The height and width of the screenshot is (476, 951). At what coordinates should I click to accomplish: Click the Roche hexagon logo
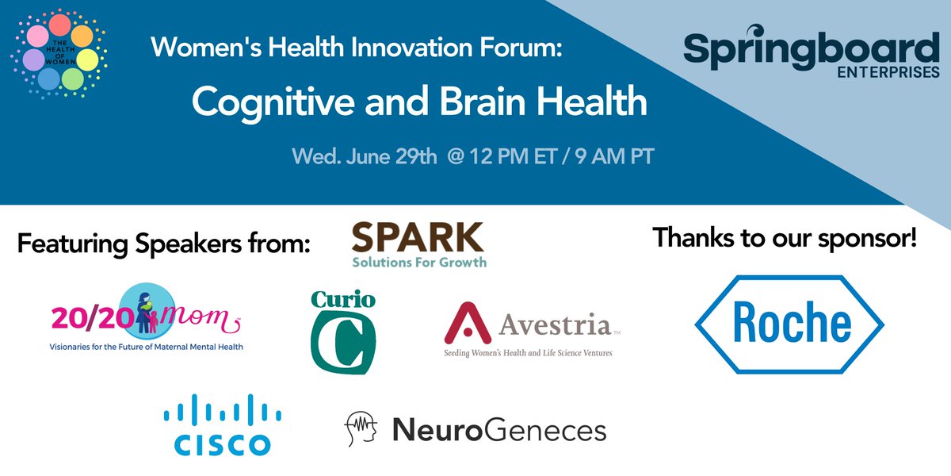[x=789, y=324]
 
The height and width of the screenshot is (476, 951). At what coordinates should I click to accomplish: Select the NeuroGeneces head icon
[x=361, y=429]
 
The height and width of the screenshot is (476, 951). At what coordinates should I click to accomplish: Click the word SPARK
[x=418, y=238]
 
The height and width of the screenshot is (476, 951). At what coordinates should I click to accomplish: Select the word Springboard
[x=812, y=48]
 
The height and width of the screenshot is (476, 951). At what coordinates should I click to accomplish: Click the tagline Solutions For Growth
[x=419, y=261]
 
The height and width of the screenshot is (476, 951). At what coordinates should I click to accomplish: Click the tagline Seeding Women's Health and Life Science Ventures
[x=528, y=352]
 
